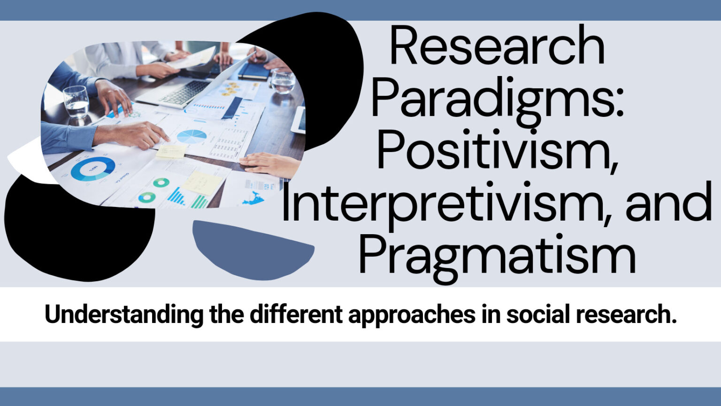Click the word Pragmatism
[497, 256]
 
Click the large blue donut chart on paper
[93, 169]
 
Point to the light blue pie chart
[192, 137]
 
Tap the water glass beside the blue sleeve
[76, 101]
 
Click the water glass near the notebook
[283, 81]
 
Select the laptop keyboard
[185, 92]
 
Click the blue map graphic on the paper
[253, 198]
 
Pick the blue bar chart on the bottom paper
[176, 196]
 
